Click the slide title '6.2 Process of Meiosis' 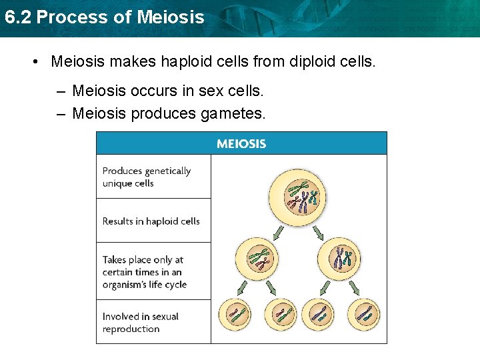(x=103, y=17)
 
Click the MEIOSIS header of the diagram (x=241, y=143)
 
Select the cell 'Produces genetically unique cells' (x=153, y=177)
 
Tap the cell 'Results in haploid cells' (x=153, y=221)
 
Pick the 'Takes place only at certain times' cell (x=153, y=272)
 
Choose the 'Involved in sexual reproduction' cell (x=153, y=323)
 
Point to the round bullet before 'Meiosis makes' (x=34, y=63)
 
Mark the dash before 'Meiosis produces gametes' (x=61, y=114)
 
